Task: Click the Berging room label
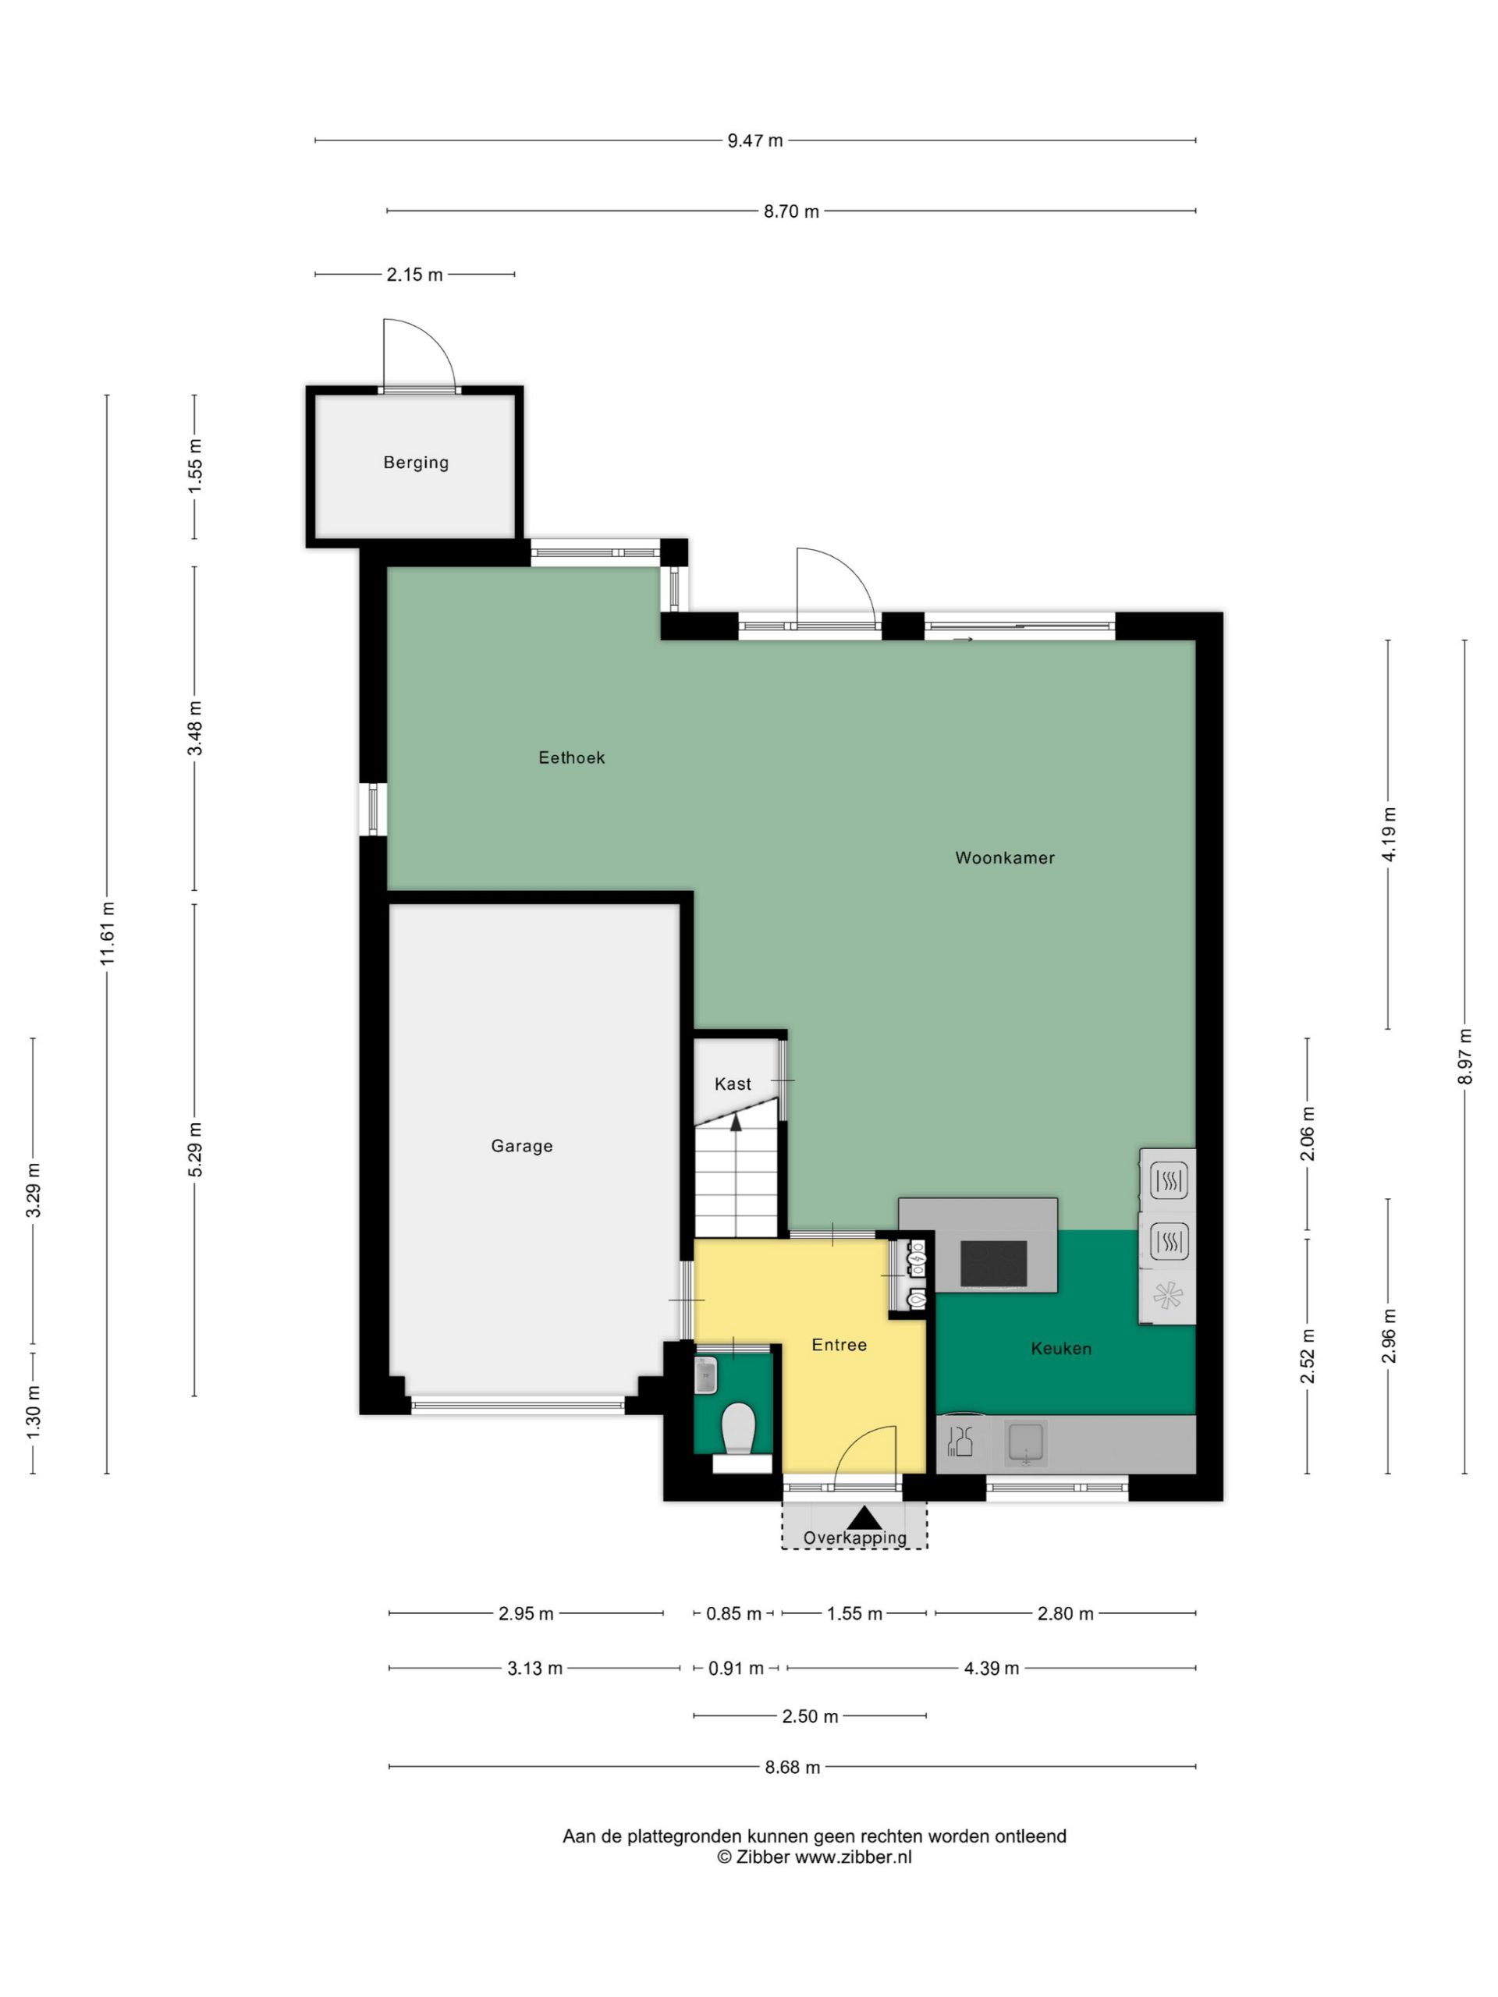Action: [x=415, y=463]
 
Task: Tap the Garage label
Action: [x=521, y=1146]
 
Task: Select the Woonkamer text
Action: [x=1004, y=857]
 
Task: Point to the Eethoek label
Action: [x=572, y=757]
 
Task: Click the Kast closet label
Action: [x=733, y=1084]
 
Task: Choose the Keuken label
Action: [x=1061, y=1348]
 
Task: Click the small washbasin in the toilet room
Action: [x=705, y=1375]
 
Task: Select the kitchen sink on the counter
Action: [x=1026, y=1442]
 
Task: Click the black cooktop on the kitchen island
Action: [x=993, y=1263]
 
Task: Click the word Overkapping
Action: [x=854, y=1538]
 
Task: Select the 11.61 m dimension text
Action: [x=108, y=933]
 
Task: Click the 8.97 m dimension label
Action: [x=1464, y=1057]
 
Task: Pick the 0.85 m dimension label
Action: [x=733, y=1613]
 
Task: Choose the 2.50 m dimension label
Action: [x=810, y=1716]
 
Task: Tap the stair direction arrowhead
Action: [x=736, y=1123]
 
